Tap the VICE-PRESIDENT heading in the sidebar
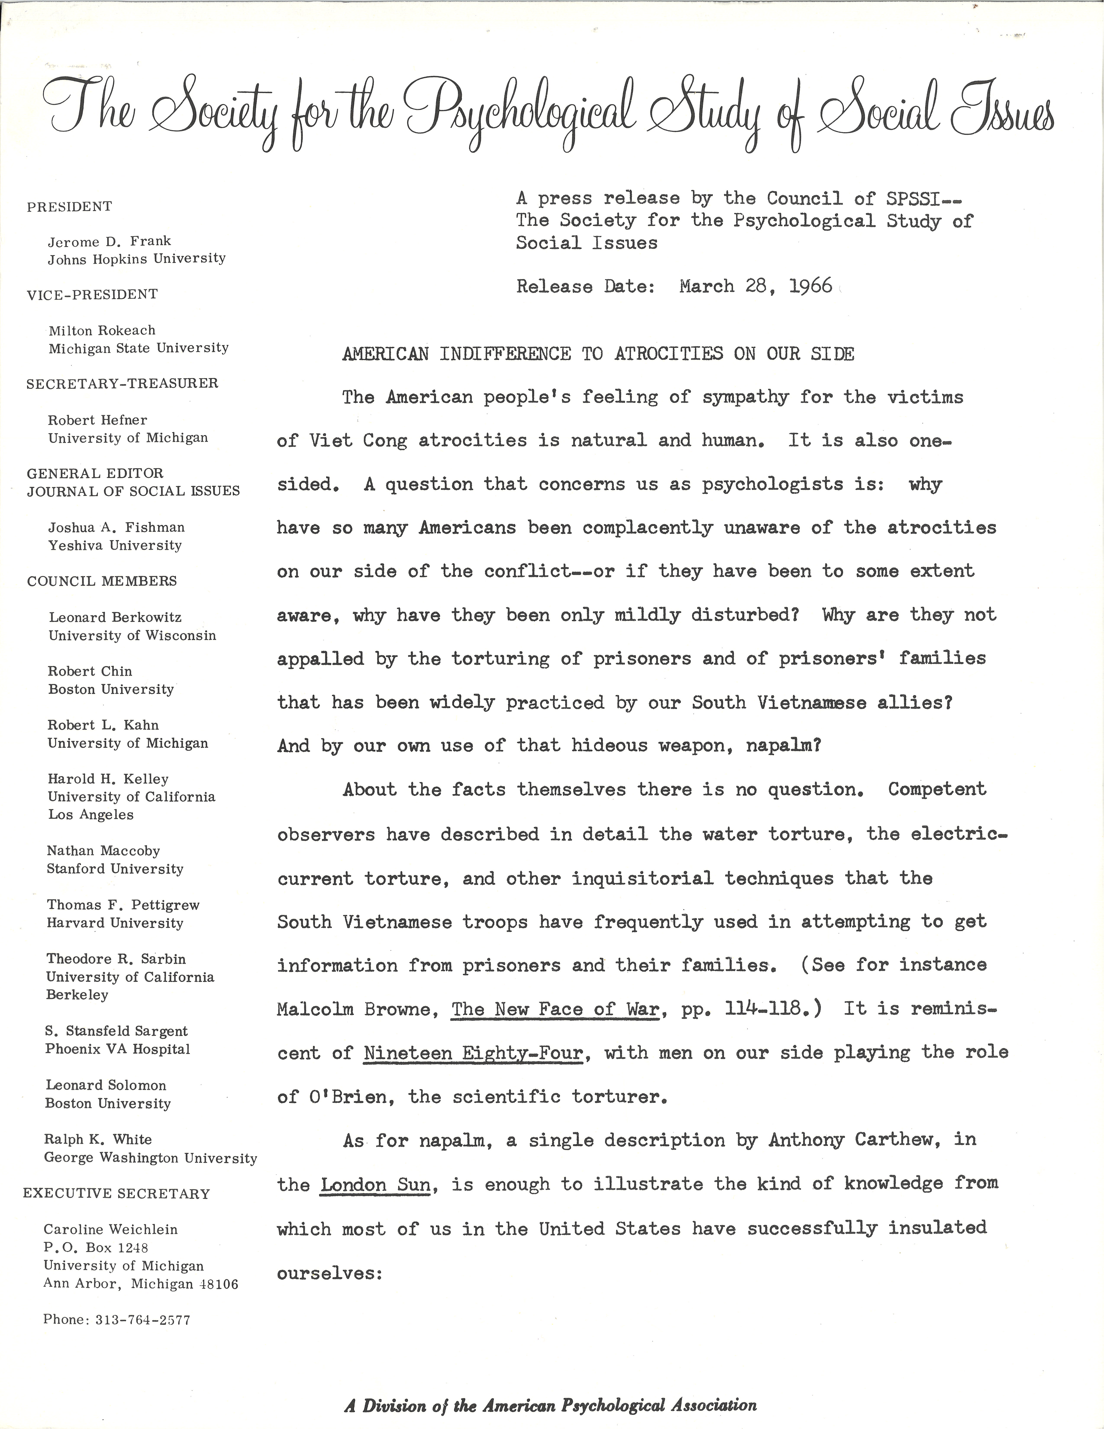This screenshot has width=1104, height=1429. (92, 294)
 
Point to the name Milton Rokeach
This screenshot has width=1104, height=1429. (102, 330)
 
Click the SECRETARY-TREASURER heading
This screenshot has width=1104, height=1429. (122, 383)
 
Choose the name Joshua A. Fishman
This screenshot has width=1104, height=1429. (116, 527)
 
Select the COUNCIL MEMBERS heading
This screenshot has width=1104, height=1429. (102, 581)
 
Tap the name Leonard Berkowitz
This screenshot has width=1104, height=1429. (115, 617)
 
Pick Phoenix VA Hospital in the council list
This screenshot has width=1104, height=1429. (118, 1049)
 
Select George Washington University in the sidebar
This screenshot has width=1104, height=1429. (150, 1158)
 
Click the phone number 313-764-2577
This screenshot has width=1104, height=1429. (143, 1320)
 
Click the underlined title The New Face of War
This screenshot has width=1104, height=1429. (555, 1009)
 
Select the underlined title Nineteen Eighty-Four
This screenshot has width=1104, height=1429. (473, 1053)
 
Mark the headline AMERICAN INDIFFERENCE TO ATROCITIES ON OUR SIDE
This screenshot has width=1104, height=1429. (598, 354)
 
